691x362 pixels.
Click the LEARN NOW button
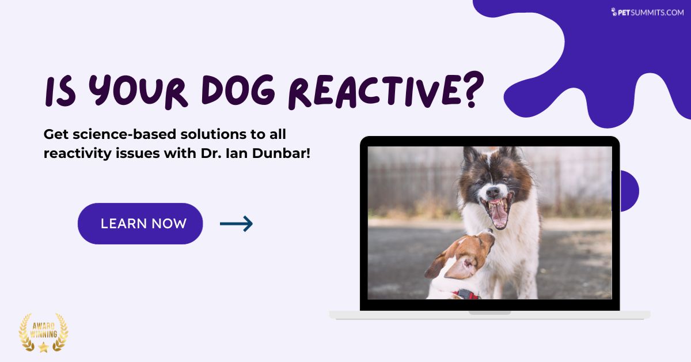tap(140, 224)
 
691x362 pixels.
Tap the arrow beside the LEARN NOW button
tap(236, 224)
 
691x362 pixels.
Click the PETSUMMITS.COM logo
tap(647, 12)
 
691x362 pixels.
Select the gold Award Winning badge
tap(44, 333)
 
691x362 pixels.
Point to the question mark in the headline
tap(473, 89)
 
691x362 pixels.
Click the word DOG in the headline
tap(238, 89)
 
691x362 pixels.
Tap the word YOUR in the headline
tap(138, 91)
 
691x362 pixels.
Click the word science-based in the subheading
tap(126, 134)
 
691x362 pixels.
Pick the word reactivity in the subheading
tap(77, 153)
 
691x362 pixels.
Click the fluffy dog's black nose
tap(493, 193)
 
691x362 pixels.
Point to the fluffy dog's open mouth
tap(498, 212)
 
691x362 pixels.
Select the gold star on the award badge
tap(44, 347)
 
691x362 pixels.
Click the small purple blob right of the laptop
tap(629, 191)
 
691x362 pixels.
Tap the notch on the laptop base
tap(489, 312)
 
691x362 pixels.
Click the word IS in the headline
tap(60, 92)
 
